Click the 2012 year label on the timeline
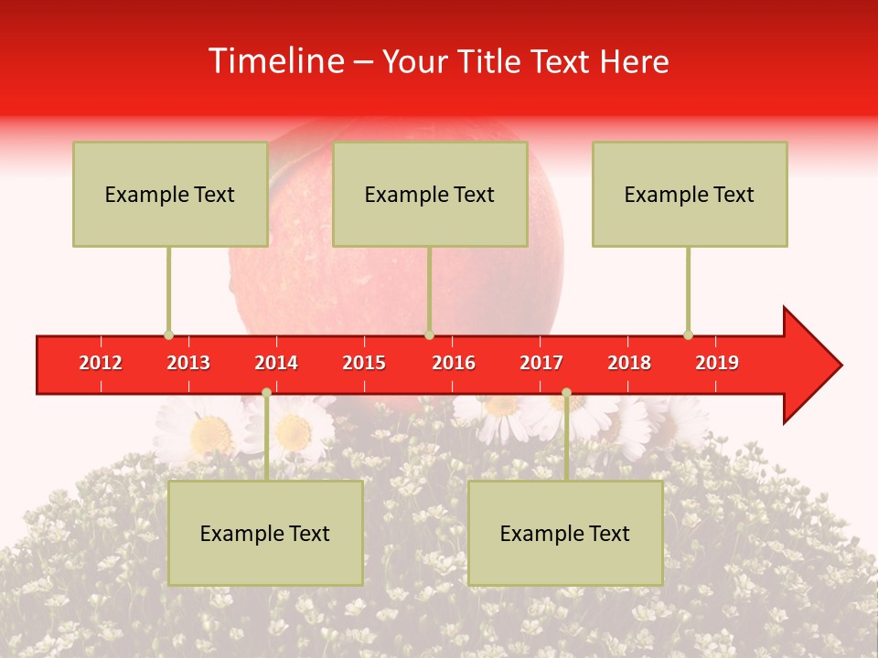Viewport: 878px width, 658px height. [101, 363]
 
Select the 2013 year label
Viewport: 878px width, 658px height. [188, 363]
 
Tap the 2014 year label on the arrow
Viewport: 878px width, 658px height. [276, 363]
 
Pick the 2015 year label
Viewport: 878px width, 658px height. [364, 363]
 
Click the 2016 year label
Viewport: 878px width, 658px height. [454, 363]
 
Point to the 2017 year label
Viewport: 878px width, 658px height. [541, 363]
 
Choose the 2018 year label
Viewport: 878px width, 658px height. [629, 363]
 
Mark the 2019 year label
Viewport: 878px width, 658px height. [717, 363]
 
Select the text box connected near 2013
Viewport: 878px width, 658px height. [170, 194]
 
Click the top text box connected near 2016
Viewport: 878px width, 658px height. [430, 194]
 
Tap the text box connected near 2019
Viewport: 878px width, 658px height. [690, 194]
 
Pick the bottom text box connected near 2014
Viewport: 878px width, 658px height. [265, 533]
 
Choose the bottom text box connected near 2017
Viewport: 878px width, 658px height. [565, 533]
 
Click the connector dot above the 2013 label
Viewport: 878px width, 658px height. [168, 334]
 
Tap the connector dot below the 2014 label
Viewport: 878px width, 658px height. [266, 392]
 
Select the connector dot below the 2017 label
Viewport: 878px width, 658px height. [566, 392]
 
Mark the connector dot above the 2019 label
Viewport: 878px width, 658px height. [688, 334]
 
